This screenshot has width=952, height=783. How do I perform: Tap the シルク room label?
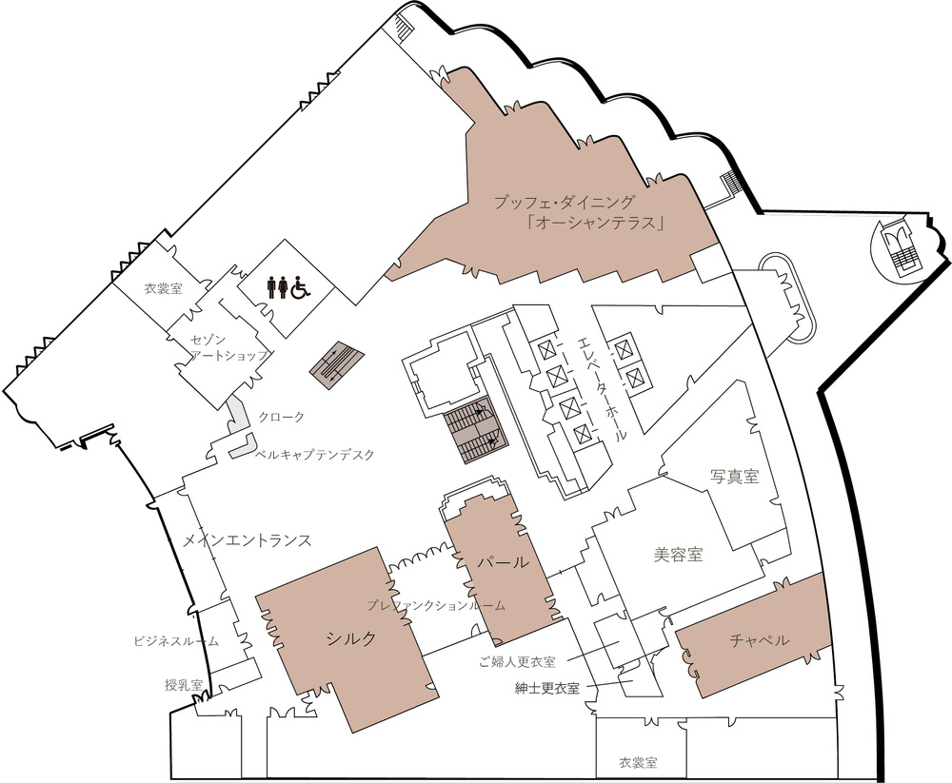coord(351,638)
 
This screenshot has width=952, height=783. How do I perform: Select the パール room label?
coord(502,562)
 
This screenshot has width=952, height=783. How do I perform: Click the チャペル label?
coord(759,639)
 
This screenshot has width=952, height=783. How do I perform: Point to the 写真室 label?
coord(735,476)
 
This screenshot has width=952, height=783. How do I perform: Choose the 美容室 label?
coord(678,554)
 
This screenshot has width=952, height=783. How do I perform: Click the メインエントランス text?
coord(248,539)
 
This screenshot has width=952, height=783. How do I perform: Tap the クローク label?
coord(281,417)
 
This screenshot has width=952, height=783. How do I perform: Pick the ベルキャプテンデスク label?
coord(314,454)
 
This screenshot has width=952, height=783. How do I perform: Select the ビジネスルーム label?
coord(176,641)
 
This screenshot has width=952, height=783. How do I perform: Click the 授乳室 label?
coord(184,685)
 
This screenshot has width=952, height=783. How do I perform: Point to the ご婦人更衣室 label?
coord(517,661)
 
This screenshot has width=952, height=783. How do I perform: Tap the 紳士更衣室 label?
coord(546,688)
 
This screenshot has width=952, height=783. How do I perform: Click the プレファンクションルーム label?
coord(436,605)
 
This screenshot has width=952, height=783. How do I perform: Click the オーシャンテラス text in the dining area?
coord(595,224)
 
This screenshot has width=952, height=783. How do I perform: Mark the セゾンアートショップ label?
coord(228,347)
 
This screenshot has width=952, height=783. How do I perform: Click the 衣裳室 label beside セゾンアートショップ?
coord(164,288)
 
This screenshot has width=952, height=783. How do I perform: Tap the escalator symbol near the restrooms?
coord(337,365)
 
